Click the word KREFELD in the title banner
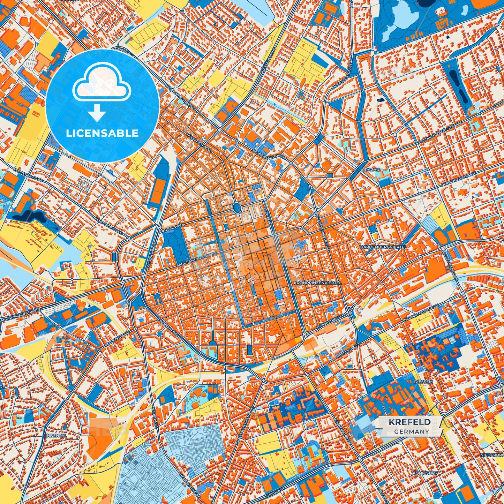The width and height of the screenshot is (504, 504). click(x=409, y=422)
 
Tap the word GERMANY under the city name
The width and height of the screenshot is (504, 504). click(x=412, y=431)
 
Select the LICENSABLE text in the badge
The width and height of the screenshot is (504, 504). click(x=102, y=133)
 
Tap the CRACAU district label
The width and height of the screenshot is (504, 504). click(x=370, y=170)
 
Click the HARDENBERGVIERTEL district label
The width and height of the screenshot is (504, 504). click(x=383, y=247)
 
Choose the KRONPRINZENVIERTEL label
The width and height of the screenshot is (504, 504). click(x=318, y=283)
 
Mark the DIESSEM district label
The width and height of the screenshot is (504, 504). click(x=423, y=382)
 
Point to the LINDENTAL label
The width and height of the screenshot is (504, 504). click(x=55, y=436)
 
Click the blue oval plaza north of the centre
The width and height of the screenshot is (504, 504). click(x=237, y=208)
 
